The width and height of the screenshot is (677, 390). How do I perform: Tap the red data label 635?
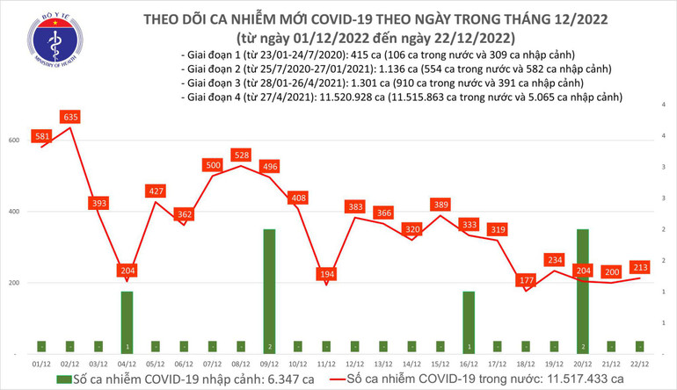coord(70,116)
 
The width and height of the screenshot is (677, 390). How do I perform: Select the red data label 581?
coord(41,136)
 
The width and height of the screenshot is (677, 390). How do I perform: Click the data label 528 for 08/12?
coord(241,155)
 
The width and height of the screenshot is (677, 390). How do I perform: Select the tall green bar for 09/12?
coord(269,290)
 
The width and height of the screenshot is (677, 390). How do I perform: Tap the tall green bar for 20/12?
coord(582,290)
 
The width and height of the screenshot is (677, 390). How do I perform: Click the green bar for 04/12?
coord(127,321)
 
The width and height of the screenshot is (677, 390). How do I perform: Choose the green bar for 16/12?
coord(469,321)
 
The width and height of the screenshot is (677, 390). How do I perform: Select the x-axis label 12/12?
coord(355,362)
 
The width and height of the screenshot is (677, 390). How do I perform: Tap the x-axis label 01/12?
coord(41,362)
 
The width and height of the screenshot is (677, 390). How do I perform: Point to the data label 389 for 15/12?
coord(440,205)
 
